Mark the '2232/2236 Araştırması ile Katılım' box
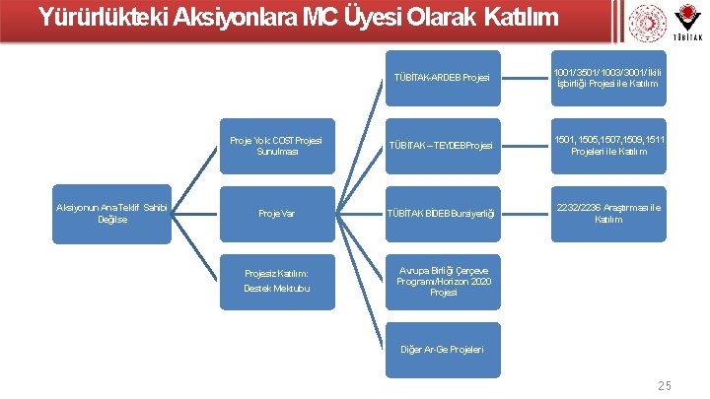pyautogui.click(x=607, y=213)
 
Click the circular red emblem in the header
pyautogui.click(x=647, y=23)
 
